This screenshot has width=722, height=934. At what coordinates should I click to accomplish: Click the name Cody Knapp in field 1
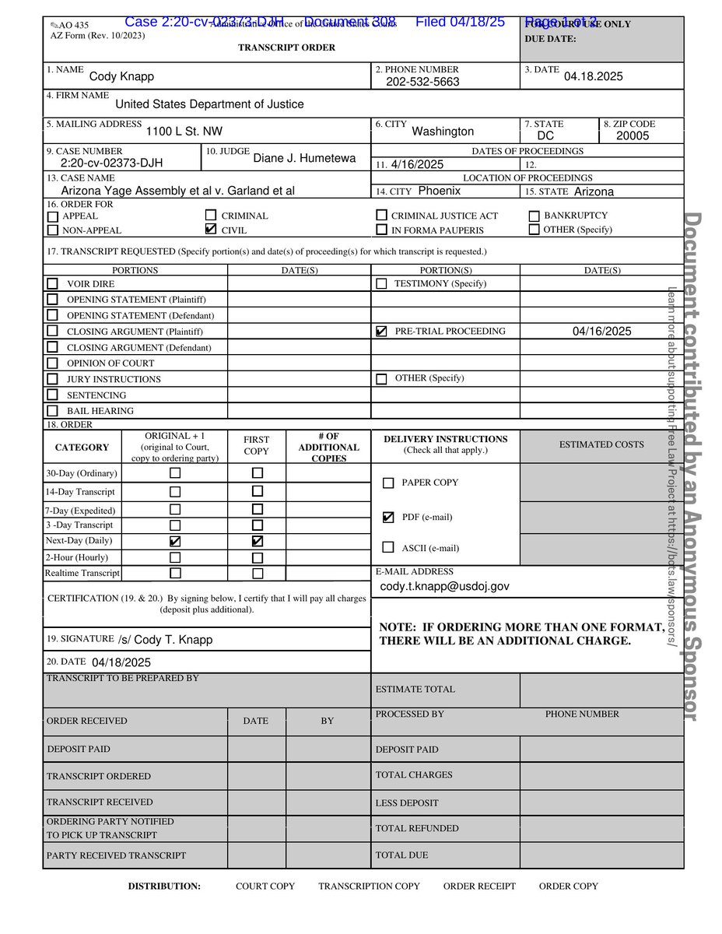pyautogui.click(x=121, y=76)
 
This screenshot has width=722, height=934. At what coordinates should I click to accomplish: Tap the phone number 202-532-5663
pyautogui.click(x=422, y=82)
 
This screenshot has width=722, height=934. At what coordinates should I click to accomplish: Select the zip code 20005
pyautogui.click(x=632, y=136)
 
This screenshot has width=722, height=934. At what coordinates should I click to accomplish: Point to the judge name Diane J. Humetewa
pyautogui.click(x=304, y=158)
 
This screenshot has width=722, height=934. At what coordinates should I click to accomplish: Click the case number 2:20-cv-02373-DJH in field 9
pyautogui.click(x=111, y=163)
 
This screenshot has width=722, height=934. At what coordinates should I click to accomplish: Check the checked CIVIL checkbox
pyautogui.click(x=210, y=230)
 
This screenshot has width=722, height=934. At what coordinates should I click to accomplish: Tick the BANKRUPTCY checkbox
pyautogui.click(x=534, y=216)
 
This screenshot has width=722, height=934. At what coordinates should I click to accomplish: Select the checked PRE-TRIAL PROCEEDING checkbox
pyautogui.click(x=380, y=332)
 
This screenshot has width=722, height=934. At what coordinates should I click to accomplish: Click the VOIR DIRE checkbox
pyautogui.click(x=52, y=284)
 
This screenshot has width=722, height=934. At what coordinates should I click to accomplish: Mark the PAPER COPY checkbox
pyautogui.click(x=388, y=483)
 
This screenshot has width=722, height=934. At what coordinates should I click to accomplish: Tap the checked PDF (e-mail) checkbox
pyautogui.click(x=388, y=517)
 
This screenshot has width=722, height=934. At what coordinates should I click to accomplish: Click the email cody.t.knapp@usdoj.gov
pyautogui.click(x=444, y=586)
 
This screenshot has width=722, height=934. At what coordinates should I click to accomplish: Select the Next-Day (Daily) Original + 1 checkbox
pyautogui.click(x=175, y=541)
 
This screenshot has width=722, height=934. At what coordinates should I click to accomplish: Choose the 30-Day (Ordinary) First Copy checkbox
pyautogui.click(x=258, y=472)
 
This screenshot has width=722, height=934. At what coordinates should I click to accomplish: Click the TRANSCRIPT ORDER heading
pyautogui.click(x=286, y=47)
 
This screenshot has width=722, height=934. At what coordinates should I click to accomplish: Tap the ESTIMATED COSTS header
pyautogui.click(x=601, y=444)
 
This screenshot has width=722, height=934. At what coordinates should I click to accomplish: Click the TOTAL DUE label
pyautogui.click(x=401, y=855)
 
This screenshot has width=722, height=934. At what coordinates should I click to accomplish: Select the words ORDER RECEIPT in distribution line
pyautogui.click(x=479, y=886)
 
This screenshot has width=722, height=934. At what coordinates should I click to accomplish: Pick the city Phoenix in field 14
pyautogui.click(x=439, y=191)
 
